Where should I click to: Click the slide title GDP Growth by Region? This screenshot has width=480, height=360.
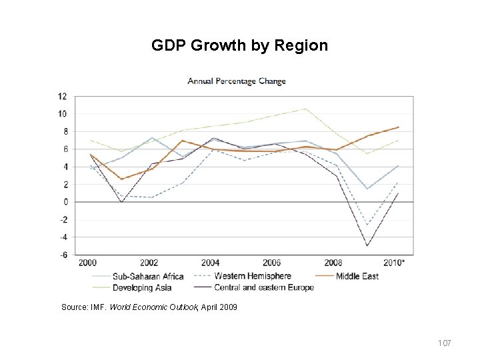point(239,46)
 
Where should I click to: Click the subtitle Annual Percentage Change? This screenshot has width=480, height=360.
point(237,82)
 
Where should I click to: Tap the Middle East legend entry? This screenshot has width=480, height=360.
point(354,275)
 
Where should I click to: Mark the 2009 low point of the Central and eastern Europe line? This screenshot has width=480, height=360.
point(366,246)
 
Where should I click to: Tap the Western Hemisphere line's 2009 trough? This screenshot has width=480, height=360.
point(366,225)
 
